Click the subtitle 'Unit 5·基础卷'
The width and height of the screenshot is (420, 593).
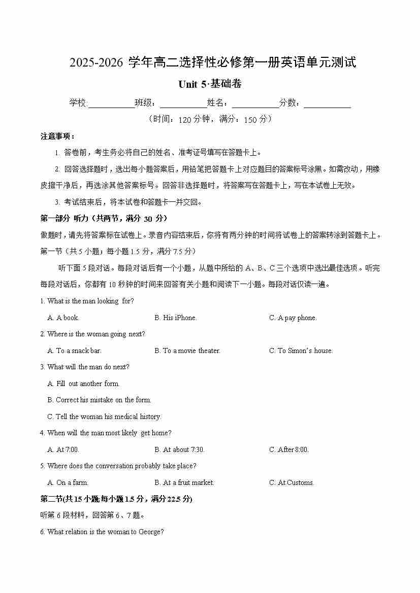[x=210, y=84]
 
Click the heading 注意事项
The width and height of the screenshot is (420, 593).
[x=58, y=136]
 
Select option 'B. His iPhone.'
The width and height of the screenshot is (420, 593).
[x=175, y=318]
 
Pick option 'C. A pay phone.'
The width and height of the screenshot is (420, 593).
[x=293, y=318]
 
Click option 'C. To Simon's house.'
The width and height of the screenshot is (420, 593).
[x=301, y=351]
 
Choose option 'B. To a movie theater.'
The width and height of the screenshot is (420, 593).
[x=187, y=351]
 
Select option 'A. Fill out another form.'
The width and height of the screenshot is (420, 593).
[x=83, y=384]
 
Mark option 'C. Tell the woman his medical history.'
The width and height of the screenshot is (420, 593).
[x=104, y=417]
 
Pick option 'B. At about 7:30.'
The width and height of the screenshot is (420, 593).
[x=179, y=450]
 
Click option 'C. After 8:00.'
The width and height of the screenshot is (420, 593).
[x=289, y=450]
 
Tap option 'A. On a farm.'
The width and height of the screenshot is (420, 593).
[x=68, y=483]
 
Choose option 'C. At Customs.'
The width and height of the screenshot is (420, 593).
[x=292, y=483]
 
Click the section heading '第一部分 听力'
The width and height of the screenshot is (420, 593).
[x=104, y=219]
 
